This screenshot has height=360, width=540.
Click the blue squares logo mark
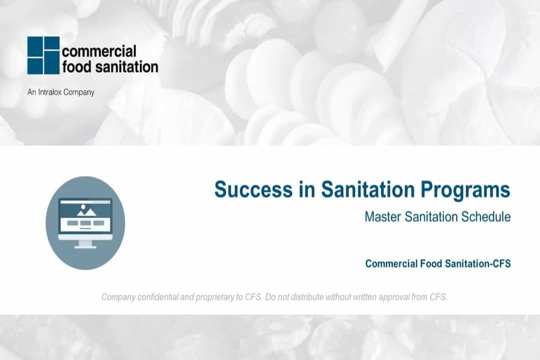43,55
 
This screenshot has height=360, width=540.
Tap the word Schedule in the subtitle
486,217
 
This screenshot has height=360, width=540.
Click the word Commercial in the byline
387,263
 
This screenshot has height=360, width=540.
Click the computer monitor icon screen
85,216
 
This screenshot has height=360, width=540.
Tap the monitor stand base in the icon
85,246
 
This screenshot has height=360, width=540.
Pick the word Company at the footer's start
118,297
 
